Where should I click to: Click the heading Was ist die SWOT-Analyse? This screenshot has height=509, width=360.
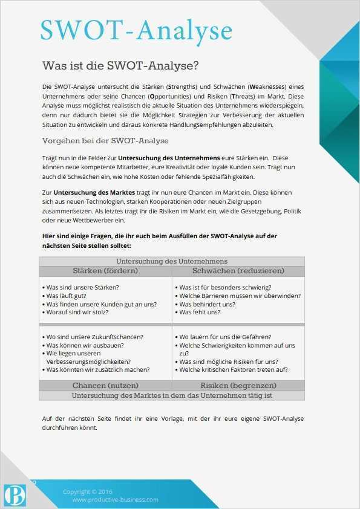[x=120, y=65]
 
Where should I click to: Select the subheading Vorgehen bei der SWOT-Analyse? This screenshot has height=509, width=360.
[x=105, y=141]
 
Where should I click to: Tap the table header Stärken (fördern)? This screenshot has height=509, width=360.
[x=105, y=270]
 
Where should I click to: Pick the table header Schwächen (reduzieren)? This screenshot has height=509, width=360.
[x=238, y=270]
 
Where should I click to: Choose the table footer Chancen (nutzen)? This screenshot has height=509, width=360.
[x=105, y=385]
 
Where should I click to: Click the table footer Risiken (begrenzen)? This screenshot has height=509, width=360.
[x=238, y=385]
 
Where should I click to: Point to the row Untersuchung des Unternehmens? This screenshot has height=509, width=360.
[x=172, y=261]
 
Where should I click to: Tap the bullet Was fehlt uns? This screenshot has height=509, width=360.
[x=202, y=313]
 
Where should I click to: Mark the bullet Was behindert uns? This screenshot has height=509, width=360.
[x=209, y=304]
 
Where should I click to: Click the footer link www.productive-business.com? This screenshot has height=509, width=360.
[x=115, y=499]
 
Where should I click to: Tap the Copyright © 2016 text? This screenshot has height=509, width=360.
[x=88, y=491]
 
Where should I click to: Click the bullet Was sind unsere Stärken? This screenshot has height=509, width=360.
[x=82, y=287]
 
